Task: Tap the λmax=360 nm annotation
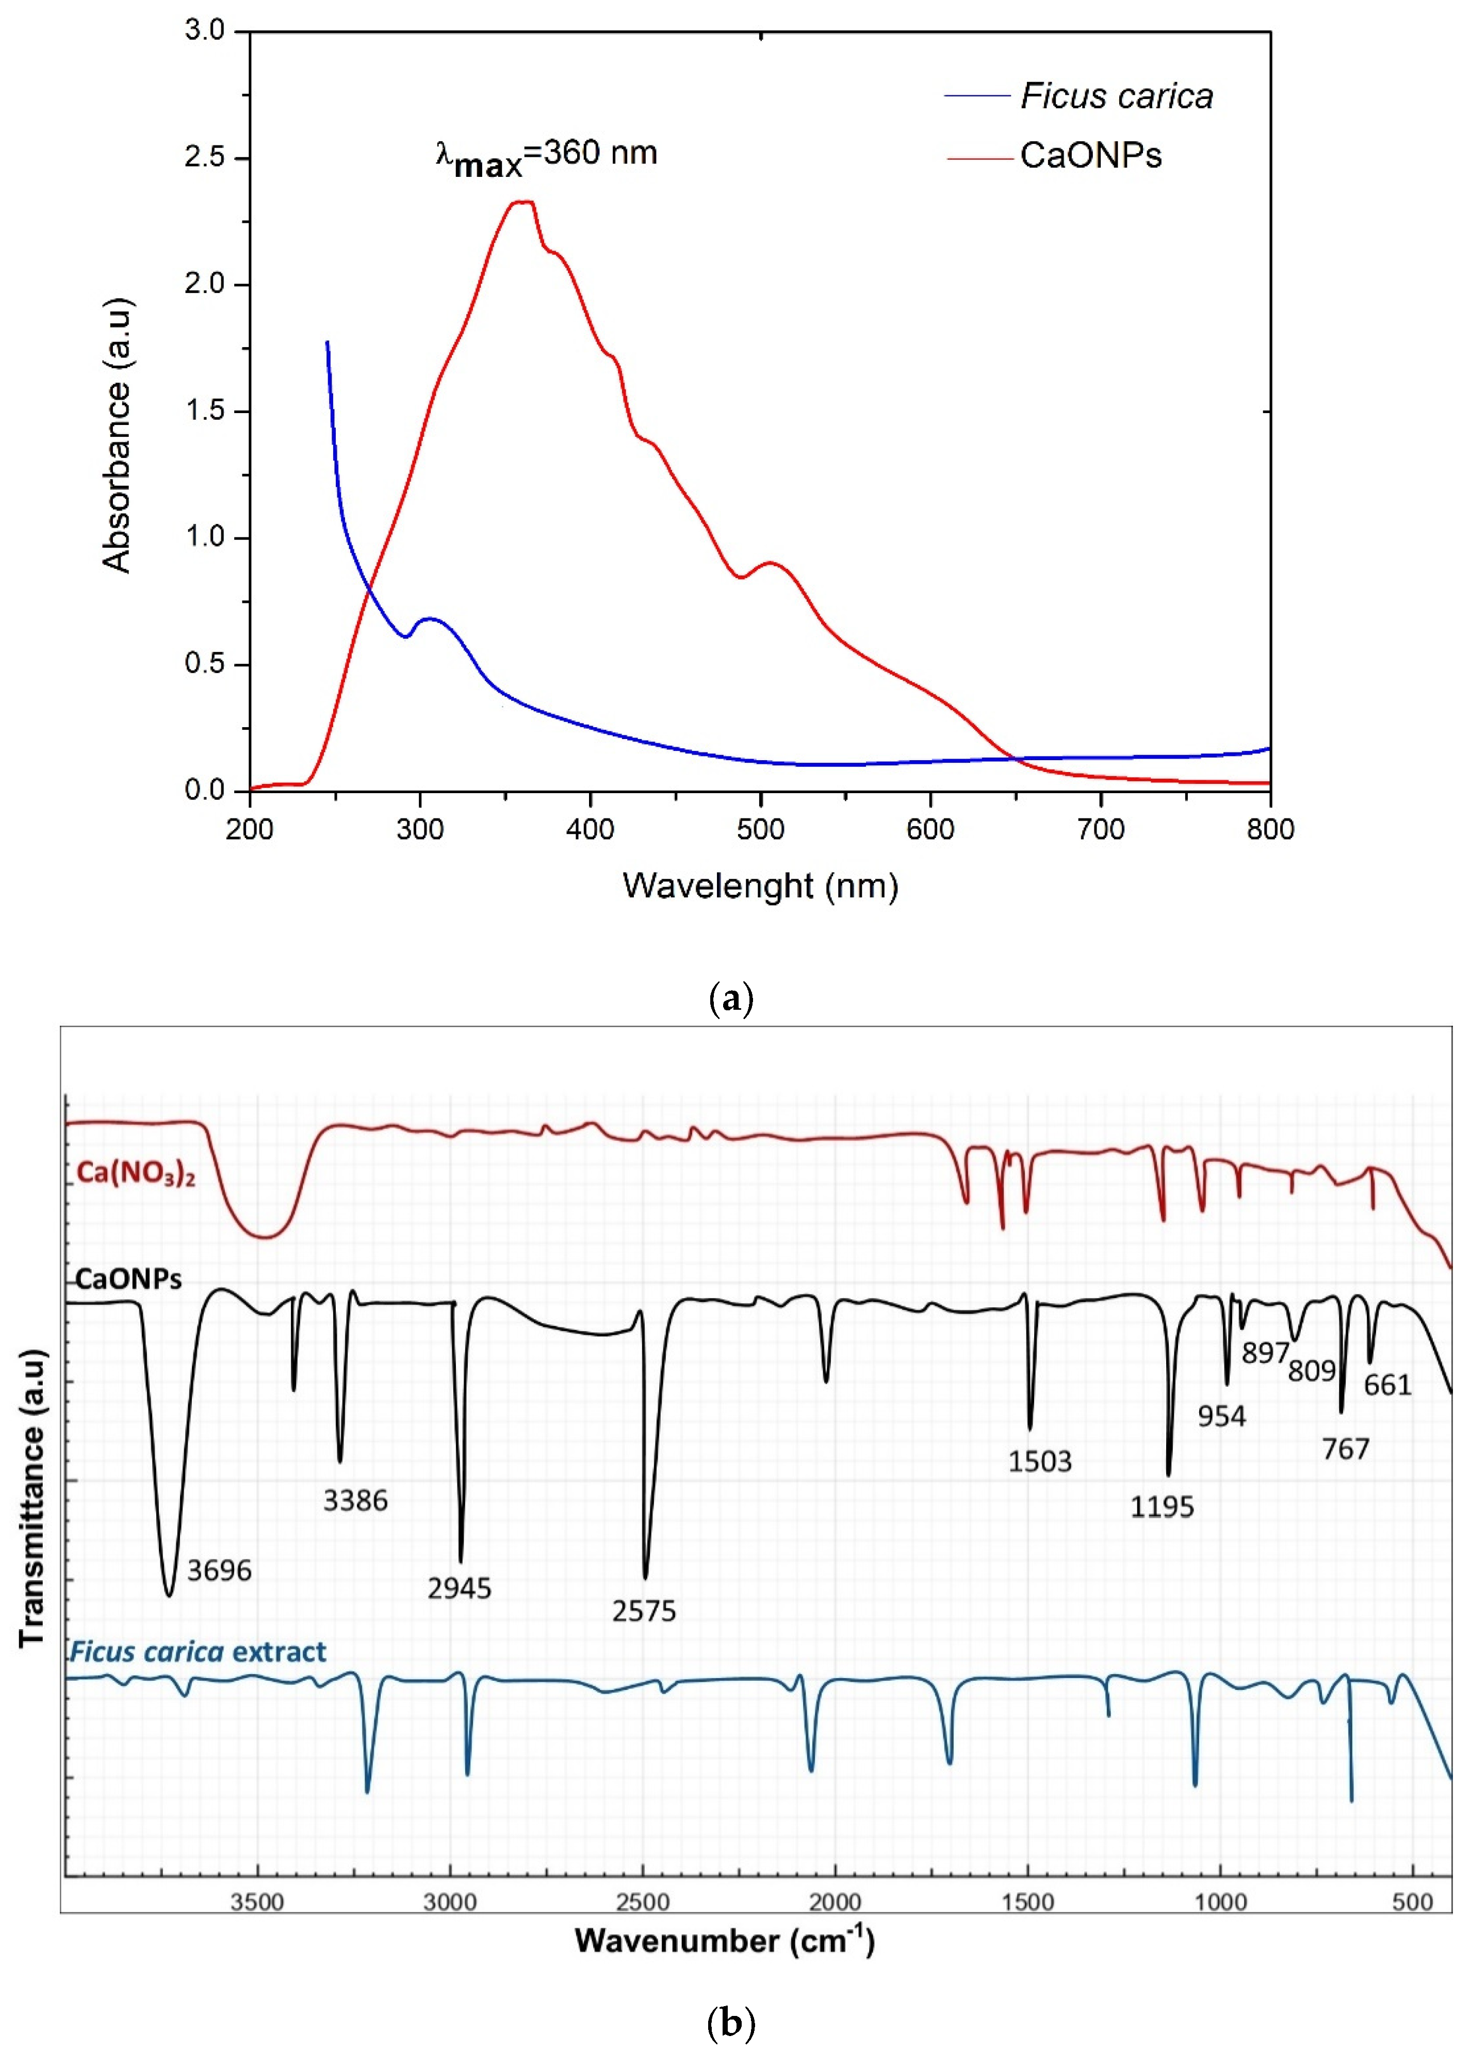pos(546,156)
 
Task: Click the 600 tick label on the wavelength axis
pos(930,828)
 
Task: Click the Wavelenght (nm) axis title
pos(760,885)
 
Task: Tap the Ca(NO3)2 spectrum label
pos(136,1173)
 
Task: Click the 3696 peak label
pos(219,1571)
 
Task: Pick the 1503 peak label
pos(1039,1462)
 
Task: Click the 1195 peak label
pos(1162,1506)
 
